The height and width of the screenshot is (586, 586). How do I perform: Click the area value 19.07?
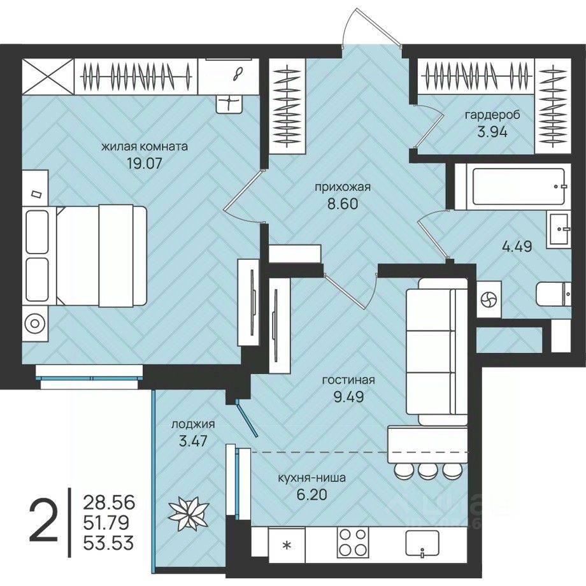coord(144,163)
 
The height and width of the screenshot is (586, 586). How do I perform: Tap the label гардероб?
coord(492,115)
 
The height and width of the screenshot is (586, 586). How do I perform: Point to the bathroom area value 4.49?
coord(517,247)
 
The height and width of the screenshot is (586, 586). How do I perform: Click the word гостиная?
coord(348,380)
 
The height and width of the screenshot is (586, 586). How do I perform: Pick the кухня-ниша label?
coord(311,478)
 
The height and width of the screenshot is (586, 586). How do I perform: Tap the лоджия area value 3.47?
coord(193,441)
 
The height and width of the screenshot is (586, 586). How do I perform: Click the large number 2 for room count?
coord(44,521)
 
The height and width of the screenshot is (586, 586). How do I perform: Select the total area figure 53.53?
coord(108,543)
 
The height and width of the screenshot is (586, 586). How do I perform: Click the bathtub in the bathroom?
coord(518,187)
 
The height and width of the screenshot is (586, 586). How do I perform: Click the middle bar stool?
coord(425,471)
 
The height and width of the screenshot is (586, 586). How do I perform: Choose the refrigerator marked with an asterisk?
coord(287,545)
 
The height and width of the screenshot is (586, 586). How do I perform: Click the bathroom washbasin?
coord(559,229)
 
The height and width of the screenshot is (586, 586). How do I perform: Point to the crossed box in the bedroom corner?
coord(48,76)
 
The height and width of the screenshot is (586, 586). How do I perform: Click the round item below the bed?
coord(35,324)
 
